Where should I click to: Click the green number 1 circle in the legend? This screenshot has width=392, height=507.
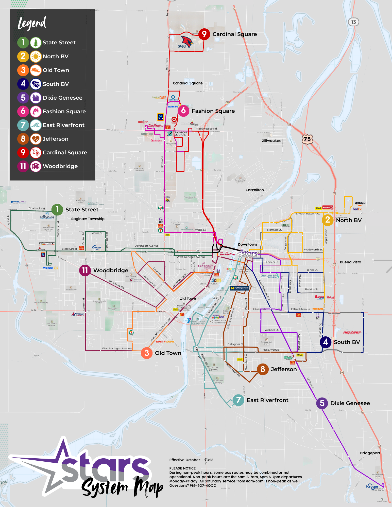pyautogui.click(x=23, y=42)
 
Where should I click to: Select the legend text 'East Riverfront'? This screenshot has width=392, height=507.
pyautogui.click(x=63, y=125)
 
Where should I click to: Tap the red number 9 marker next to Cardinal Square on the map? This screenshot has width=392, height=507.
pyautogui.click(x=204, y=34)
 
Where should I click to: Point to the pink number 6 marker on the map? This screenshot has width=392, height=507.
pyautogui.click(x=183, y=111)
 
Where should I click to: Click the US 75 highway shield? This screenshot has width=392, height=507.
pyautogui.click(x=307, y=139)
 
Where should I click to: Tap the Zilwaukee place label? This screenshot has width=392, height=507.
pyautogui.click(x=271, y=141)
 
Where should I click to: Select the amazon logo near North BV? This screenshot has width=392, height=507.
pyautogui.click(x=361, y=203)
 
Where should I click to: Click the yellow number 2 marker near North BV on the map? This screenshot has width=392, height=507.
pyautogui.click(x=328, y=220)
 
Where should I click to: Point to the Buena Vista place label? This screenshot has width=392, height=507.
pyautogui.click(x=350, y=262)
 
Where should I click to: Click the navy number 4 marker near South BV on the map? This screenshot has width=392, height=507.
pyautogui.click(x=326, y=342)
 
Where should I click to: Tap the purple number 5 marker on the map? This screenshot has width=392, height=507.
pyautogui.click(x=322, y=403)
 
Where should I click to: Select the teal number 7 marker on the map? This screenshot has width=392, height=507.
pyautogui.click(x=238, y=400)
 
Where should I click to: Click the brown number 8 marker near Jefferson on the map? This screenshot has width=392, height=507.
pyautogui.click(x=263, y=369)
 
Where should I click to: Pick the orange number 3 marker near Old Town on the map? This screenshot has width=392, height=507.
pyautogui.click(x=147, y=353)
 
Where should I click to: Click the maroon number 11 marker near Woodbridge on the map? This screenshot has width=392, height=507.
pyautogui.click(x=85, y=270)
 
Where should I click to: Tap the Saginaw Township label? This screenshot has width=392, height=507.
pyautogui.click(x=88, y=219)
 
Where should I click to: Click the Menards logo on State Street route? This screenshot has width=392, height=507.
pyautogui.click(x=47, y=243)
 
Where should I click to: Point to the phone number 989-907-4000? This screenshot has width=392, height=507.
pyautogui.click(x=203, y=485)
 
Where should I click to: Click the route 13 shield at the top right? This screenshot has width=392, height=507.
pyautogui.click(x=353, y=22)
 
